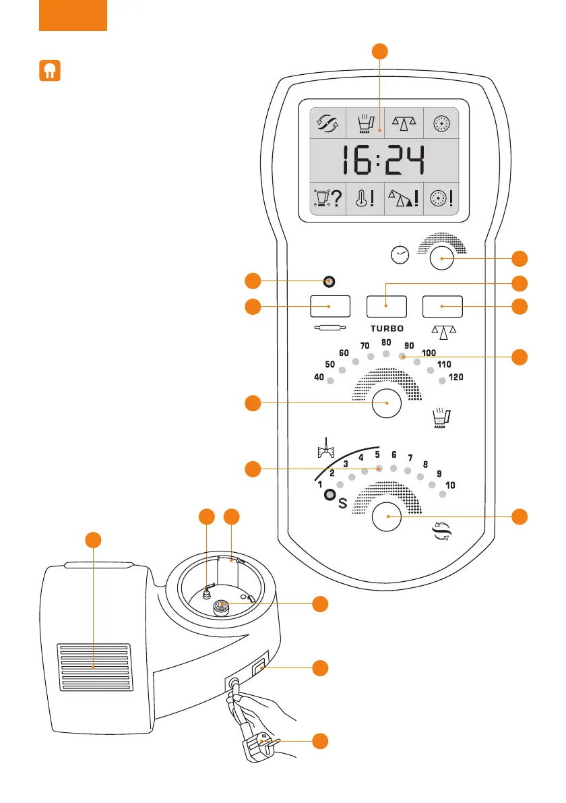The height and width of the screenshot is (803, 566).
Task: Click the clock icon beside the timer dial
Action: pyautogui.click(x=400, y=255)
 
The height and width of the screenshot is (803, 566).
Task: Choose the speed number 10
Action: pyautogui.click(x=451, y=485)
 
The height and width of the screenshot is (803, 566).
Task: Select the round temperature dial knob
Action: pyautogui.click(x=386, y=403)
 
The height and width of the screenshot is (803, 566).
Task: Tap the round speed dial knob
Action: pyautogui.click(x=386, y=517)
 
